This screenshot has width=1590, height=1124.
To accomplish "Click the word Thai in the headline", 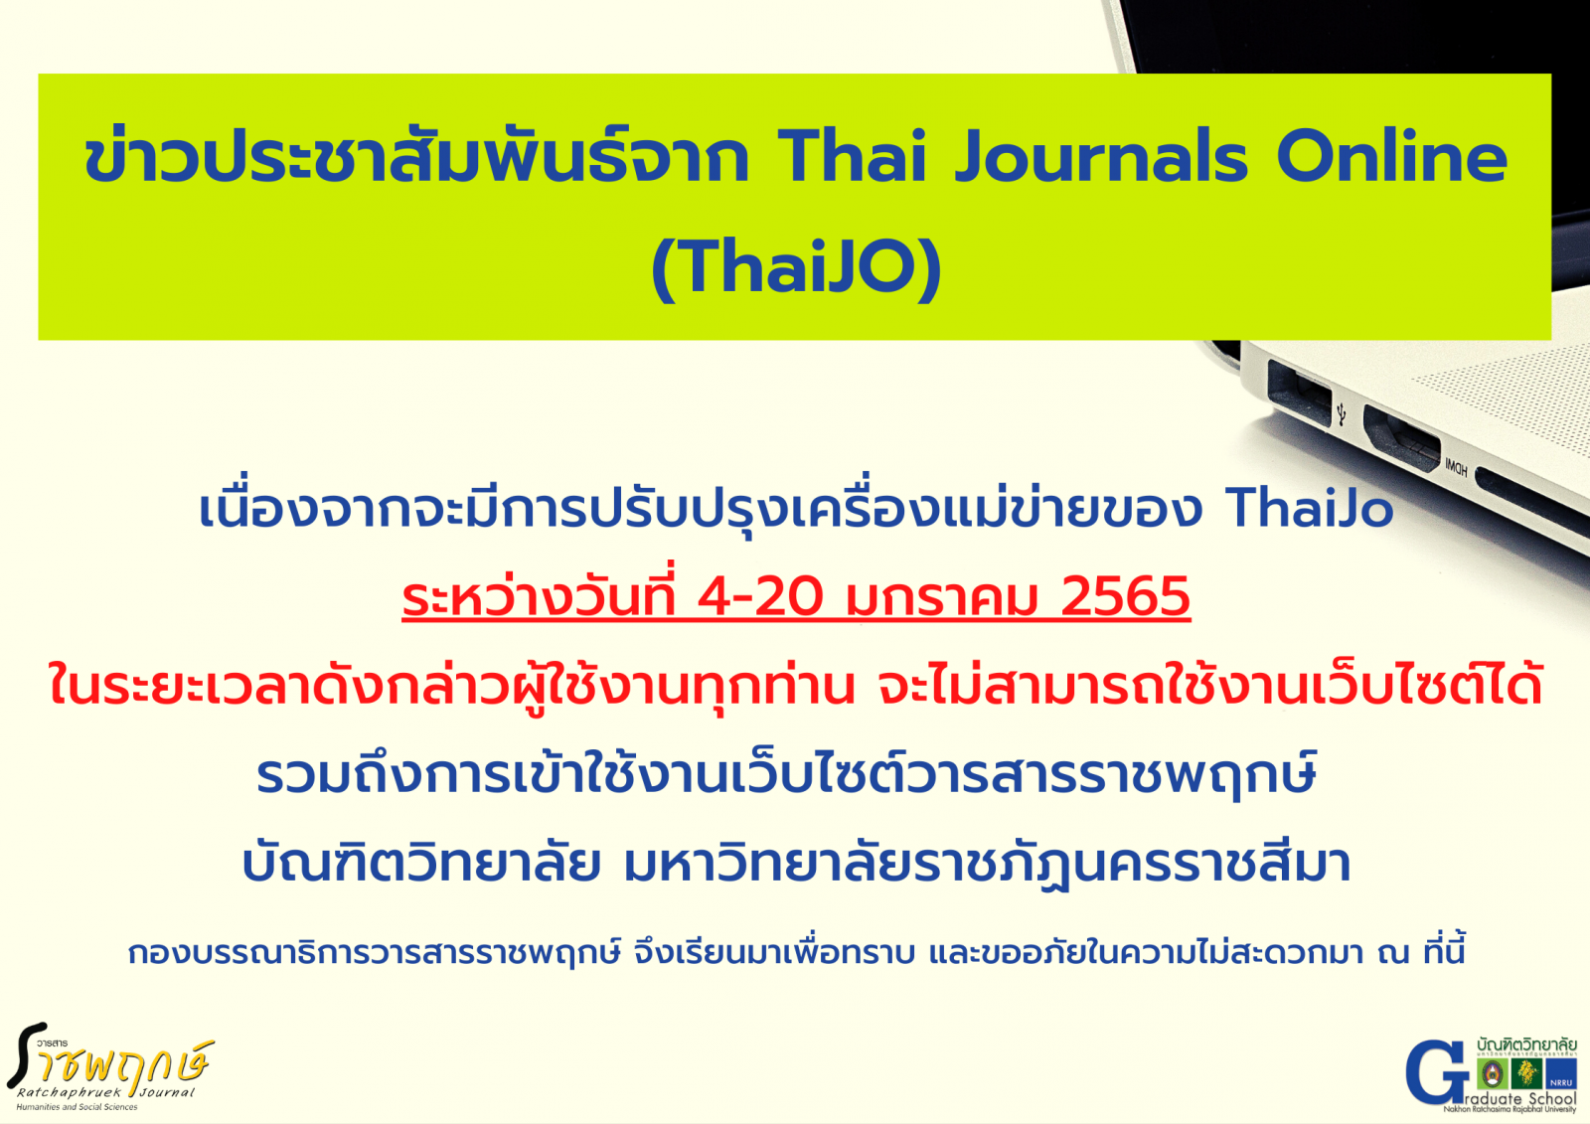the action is tap(853, 157).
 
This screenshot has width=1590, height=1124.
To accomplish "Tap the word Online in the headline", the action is tap(1392, 157).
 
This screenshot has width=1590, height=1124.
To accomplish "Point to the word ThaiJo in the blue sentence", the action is tap(1310, 509).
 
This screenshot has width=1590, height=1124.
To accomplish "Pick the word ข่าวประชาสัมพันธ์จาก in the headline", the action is tap(416, 157).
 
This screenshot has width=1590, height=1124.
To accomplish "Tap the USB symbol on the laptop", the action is tap(1342, 414).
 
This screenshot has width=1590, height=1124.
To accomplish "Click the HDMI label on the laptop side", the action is tap(1457, 467).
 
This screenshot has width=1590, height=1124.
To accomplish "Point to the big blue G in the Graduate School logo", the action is tap(1435, 1071).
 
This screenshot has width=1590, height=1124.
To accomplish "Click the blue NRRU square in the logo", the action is tap(1561, 1073).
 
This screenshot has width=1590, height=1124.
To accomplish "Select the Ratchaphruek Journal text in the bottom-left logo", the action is tap(105, 1093).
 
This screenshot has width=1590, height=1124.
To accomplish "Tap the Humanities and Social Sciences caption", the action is tap(77, 1107).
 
